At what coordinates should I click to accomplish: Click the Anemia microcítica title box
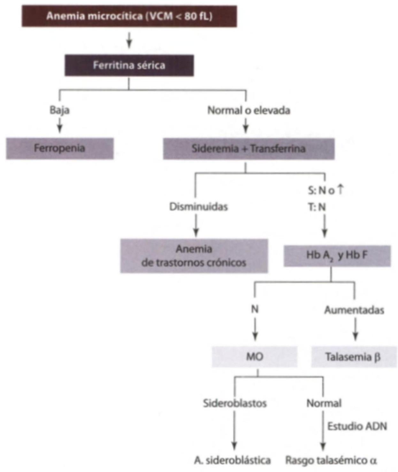tap(129, 16)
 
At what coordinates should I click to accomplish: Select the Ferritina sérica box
tap(129, 65)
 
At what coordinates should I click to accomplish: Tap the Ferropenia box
tap(60, 148)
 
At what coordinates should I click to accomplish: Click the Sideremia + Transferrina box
tap(249, 149)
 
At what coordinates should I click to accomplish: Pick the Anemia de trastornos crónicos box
tap(194, 256)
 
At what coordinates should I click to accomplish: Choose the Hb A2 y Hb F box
tap(337, 256)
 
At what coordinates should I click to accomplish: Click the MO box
tap(255, 357)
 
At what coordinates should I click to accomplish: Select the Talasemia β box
tap(353, 357)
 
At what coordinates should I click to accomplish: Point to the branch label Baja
tap(59, 110)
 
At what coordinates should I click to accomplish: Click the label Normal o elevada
tap(249, 110)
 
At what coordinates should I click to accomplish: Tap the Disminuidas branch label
tap(198, 207)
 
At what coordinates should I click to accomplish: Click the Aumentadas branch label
tap(354, 310)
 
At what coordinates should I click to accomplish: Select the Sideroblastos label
tap(235, 403)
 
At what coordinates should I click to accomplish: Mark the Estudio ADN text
tap(357, 426)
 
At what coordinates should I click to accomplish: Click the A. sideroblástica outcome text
tap(233, 460)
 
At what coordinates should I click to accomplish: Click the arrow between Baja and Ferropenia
tap(60, 126)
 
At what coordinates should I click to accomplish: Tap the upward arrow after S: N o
tap(341, 189)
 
